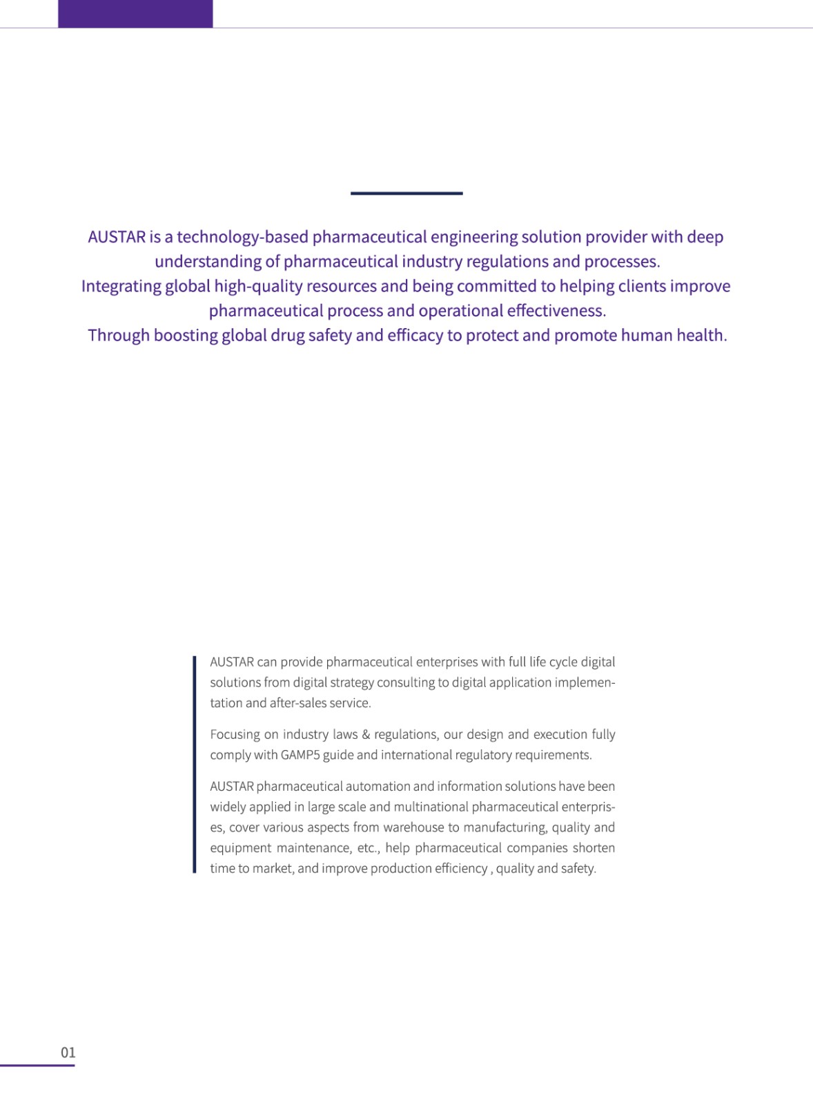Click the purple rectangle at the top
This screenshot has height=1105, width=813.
135,14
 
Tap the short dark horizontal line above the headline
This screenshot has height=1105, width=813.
406,193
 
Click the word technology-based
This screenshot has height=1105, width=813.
243,237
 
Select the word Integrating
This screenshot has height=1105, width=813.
121,286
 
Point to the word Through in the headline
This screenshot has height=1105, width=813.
118,335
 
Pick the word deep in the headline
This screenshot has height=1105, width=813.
705,237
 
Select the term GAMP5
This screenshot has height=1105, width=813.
300,755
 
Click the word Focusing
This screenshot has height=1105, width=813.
236,734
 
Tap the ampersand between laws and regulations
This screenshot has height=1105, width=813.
366,734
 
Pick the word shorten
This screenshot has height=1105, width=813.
594,848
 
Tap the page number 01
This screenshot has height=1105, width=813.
68,1053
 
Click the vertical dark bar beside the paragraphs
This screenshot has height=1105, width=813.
195,765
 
